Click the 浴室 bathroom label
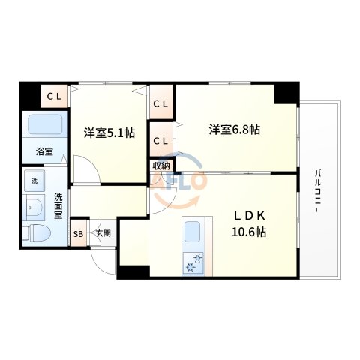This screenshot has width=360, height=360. pyautogui.click(x=44, y=151)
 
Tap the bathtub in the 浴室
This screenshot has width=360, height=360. pyautogui.click(x=45, y=125)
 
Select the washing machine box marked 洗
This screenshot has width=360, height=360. pyautogui.click(x=34, y=181)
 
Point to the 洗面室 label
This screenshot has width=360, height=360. pyautogui.click(x=58, y=206)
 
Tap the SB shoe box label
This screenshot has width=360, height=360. pyautogui.click(x=78, y=233)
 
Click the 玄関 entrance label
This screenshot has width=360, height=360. pyautogui.click(x=103, y=233)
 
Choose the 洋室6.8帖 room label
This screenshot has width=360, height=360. pyautogui.click(x=234, y=129)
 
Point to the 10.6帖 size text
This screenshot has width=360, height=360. pyautogui.click(x=248, y=232)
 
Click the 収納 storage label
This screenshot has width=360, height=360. pyautogui.click(x=161, y=166)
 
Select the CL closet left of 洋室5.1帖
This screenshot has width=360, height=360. pyautogui.click(x=55, y=95)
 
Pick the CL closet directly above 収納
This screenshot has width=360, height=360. pyautogui.click(x=161, y=140)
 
